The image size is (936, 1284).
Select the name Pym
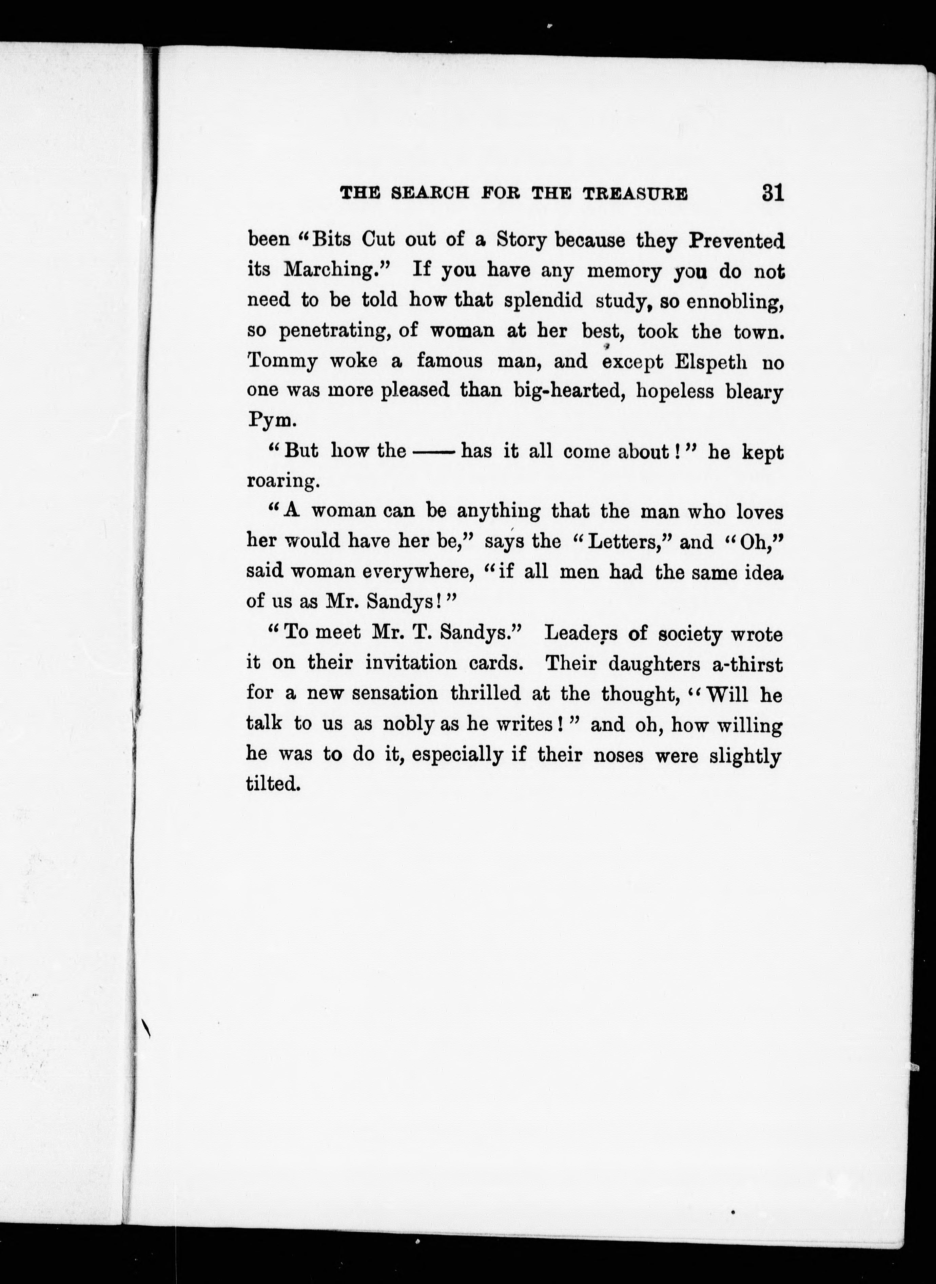tap(271, 421)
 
